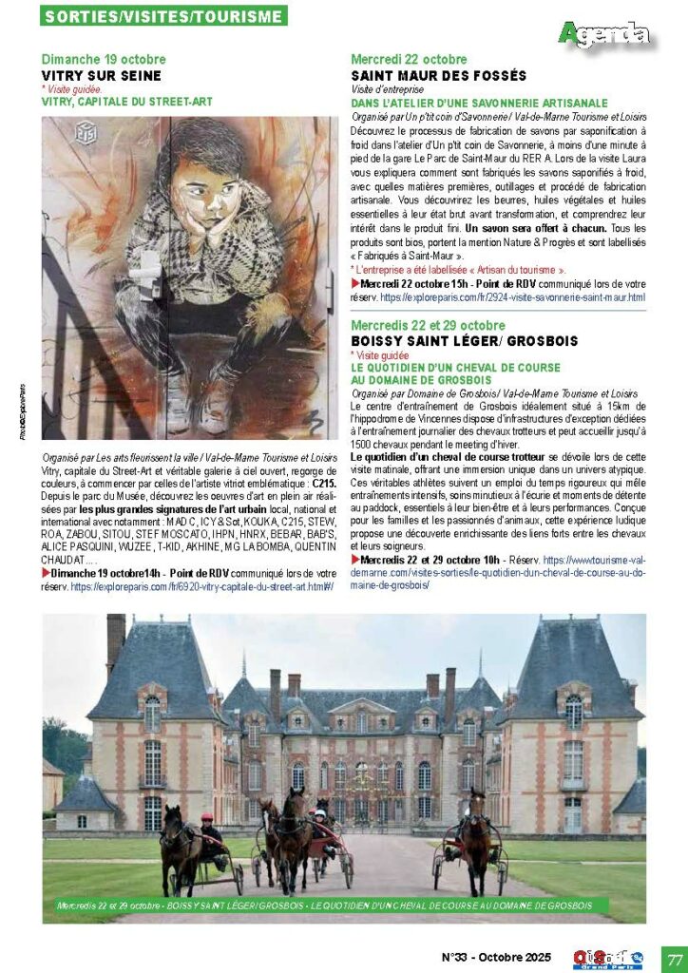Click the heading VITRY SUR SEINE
coord(102,75)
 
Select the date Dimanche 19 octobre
coord(104,60)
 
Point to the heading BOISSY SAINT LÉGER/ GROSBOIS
coord(465,341)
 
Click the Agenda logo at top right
coord(605,35)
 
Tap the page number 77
coord(674,956)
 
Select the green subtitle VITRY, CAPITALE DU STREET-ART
coord(127,101)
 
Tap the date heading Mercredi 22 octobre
coord(409,60)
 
